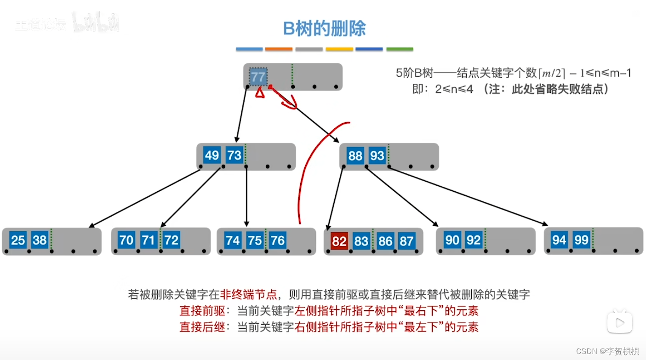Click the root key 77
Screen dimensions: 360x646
tap(258, 77)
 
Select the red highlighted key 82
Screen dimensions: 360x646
tap(339, 241)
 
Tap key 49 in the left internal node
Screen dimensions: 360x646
tap(212, 155)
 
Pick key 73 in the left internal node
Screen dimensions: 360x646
tap(234, 155)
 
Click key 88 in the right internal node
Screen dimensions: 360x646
tap(355, 155)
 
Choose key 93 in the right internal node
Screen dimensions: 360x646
tap(377, 155)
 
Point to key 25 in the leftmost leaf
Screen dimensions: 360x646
tap(18, 240)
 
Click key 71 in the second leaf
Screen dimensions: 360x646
tap(149, 240)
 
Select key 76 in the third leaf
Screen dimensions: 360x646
tap(277, 240)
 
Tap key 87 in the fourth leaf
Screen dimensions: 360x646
tap(406, 241)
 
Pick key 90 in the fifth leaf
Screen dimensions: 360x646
tap(452, 240)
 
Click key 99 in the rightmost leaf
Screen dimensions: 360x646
tap(581, 240)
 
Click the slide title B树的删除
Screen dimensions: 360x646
tap(324, 29)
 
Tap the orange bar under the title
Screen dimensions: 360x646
tap(279, 49)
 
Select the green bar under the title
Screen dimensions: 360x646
tap(400, 49)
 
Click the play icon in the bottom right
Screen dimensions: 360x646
tap(619, 322)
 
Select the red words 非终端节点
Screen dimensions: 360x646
tap(249, 294)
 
